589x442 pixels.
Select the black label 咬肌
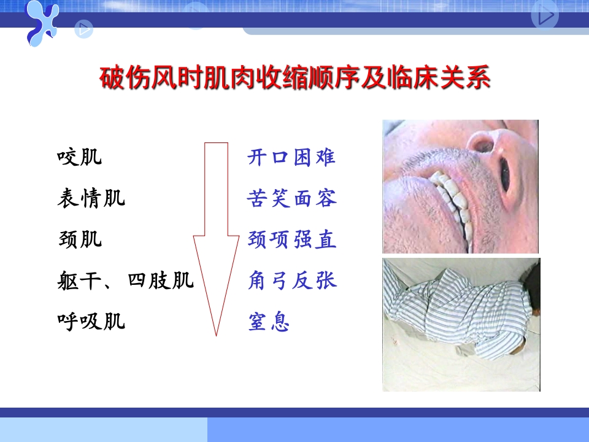coord(79,158)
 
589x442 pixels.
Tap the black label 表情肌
coord(91,198)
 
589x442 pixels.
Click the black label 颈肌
coord(79,239)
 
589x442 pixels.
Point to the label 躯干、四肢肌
coord(125,281)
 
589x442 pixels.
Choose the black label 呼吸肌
coord(91,321)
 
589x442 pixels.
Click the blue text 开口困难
coord(291,158)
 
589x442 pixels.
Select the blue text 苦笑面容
coord(292,198)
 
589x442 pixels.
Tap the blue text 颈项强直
coord(292,239)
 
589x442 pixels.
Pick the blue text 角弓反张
coord(292,281)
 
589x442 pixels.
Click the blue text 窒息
coord(269,322)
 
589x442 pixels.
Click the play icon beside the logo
coord(84,28)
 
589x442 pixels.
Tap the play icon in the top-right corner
coord(545,17)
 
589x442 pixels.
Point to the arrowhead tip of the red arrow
coord(216,334)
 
